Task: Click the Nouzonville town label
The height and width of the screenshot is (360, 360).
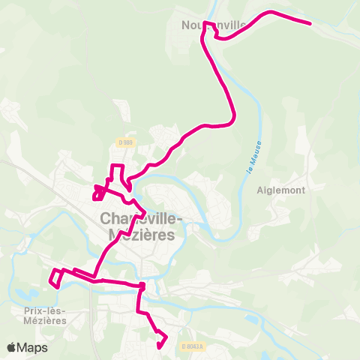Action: click(x=214, y=25)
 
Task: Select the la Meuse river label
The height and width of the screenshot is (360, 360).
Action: click(x=253, y=158)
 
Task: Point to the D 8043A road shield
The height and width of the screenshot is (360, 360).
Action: click(x=193, y=345)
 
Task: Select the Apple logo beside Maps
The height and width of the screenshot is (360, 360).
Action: click(x=12, y=347)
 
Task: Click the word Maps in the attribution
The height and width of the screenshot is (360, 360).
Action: click(x=32, y=347)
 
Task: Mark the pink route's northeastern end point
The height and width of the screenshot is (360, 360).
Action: click(x=310, y=23)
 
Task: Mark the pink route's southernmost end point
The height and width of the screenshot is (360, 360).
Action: click(x=160, y=346)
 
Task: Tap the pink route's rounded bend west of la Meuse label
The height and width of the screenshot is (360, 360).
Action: click(x=232, y=116)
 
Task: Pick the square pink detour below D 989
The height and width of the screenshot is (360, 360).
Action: click(x=116, y=172)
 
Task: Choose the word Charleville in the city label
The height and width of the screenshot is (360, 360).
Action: click(x=136, y=220)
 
